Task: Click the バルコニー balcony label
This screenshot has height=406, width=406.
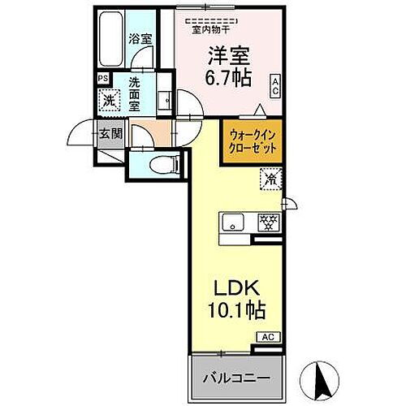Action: tap(231, 378)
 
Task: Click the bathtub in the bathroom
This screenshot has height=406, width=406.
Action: tap(110, 42)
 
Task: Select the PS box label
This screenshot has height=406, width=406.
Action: tap(102, 79)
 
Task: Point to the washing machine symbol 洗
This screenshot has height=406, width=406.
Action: tap(108, 101)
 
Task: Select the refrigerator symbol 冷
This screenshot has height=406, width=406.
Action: tap(268, 176)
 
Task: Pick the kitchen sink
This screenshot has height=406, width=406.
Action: tap(233, 221)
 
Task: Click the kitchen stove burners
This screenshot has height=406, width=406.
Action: tap(267, 221)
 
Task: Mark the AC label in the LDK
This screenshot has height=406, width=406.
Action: tap(267, 336)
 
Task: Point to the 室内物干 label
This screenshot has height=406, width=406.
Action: tap(209, 31)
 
